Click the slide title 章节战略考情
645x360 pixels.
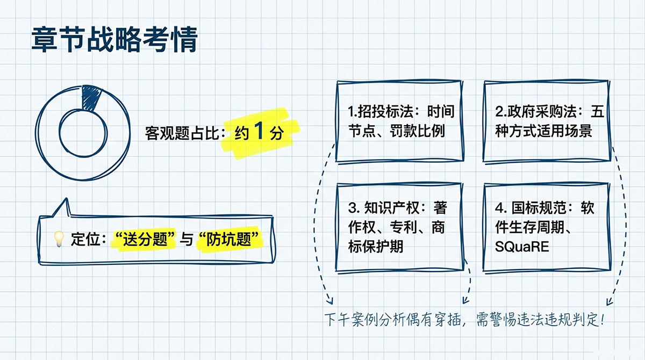pos(114,40)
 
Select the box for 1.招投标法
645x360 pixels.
pos(398,121)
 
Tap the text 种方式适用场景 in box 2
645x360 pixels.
pos(543,131)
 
